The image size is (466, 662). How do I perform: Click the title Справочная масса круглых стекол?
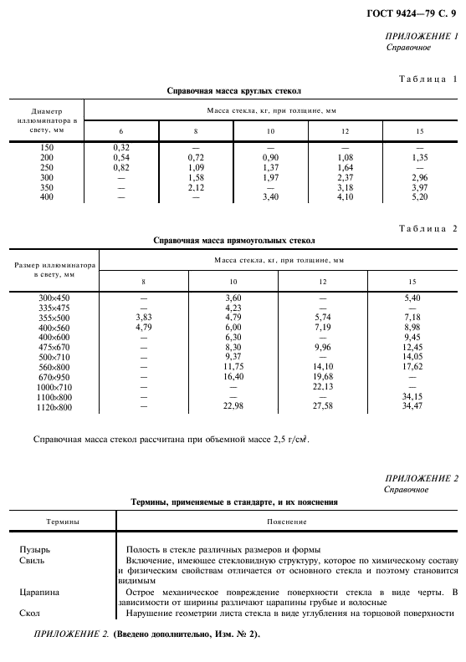click(233, 90)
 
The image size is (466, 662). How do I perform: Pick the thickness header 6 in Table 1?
click(120, 131)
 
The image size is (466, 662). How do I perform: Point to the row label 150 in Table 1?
click(46, 147)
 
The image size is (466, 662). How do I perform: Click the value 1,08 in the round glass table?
click(345, 157)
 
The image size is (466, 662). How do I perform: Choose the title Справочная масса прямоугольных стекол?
click(233, 241)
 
